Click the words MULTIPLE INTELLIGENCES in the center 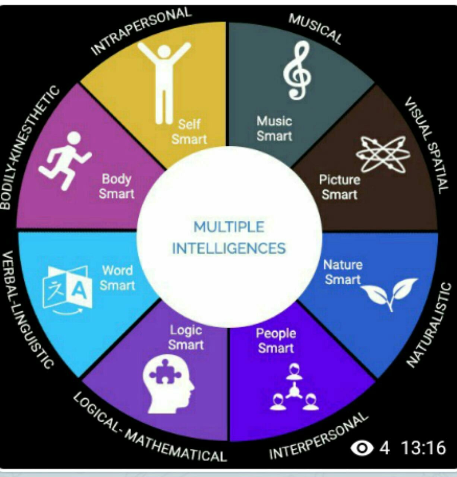coord(229,237)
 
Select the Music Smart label coord(274,128)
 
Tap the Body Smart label coord(116,186)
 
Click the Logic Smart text coord(186,337)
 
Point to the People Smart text coord(276,341)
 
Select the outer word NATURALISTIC coord(429,324)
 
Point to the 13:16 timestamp coord(423,448)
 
